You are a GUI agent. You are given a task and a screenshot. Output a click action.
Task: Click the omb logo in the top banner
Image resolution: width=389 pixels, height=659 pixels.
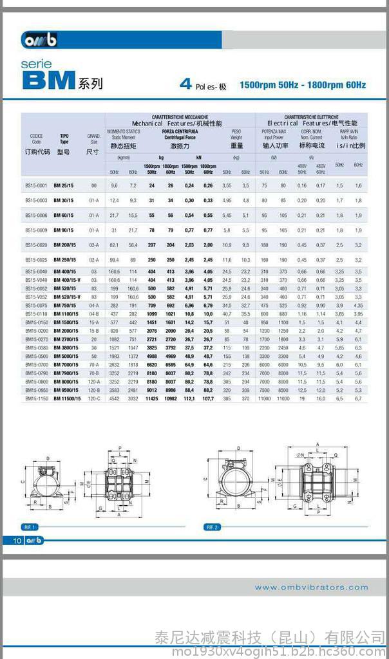(40, 40)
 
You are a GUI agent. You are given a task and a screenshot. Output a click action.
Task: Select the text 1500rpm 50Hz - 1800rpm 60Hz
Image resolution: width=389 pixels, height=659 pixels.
(303, 85)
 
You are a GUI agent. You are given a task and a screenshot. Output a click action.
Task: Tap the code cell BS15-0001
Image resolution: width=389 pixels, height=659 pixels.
(37, 185)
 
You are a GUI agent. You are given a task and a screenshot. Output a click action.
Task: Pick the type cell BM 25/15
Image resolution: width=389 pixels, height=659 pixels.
(64, 185)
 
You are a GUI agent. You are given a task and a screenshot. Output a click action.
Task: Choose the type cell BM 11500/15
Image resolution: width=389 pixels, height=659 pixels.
(67, 399)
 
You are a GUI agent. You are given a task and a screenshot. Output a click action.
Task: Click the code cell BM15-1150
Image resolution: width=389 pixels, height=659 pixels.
(37, 399)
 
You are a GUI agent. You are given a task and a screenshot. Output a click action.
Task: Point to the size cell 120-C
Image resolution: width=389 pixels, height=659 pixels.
(94, 399)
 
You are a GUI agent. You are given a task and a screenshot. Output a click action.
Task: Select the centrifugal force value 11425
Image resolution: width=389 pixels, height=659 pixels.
(152, 399)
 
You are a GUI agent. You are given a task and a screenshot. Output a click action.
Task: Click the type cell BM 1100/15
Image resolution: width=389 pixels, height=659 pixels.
(66, 313)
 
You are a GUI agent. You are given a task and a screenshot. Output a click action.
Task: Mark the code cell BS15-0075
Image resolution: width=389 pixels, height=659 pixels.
(37, 305)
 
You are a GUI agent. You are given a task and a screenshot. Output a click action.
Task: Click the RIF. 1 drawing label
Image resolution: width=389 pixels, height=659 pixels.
(30, 526)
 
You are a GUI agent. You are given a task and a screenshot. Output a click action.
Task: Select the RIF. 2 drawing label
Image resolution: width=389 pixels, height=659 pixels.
(212, 526)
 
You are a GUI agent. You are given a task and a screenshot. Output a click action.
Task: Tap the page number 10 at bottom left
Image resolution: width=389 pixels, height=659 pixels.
(17, 540)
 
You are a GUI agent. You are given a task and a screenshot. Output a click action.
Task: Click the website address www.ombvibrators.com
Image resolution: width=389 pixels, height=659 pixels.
(311, 587)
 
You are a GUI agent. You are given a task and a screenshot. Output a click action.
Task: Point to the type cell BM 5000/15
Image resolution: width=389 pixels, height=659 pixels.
(66, 356)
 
